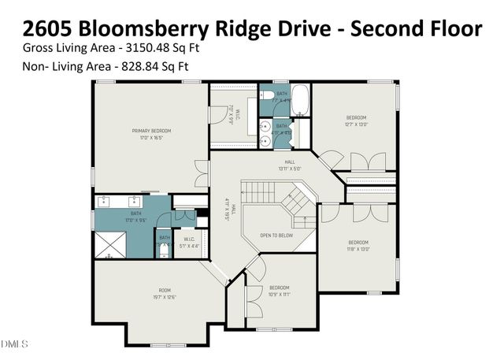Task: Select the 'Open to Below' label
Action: click(277, 235)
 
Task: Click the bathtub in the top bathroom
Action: click(300, 100)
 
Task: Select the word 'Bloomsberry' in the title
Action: click(146, 29)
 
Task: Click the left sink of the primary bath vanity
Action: click(105, 201)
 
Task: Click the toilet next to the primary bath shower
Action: click(165, 250)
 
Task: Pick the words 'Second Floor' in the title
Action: click(416, 29)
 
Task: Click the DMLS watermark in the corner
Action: click(14, 344)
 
